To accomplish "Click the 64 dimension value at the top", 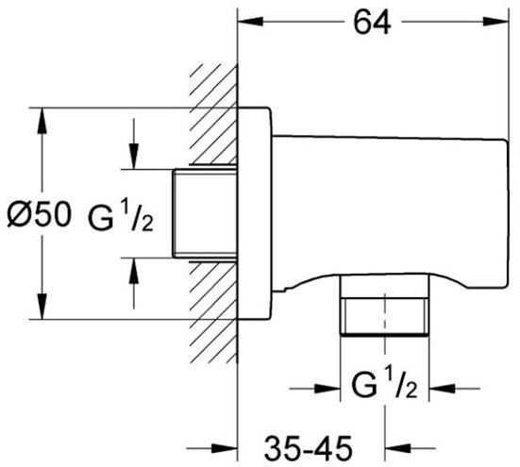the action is [372, 23].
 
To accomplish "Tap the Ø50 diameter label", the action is [39, 214].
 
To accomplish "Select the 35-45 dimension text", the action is [308, 448].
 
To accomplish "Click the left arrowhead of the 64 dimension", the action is [251, 22].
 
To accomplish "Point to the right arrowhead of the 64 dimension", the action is [495, 22].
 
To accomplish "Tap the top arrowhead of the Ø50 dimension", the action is [42, 121].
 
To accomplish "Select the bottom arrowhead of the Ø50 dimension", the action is [42, 307].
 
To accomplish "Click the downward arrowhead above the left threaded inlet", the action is [134, 156].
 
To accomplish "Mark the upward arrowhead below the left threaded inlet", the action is [134, 271].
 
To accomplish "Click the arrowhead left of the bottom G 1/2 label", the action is [327, 388].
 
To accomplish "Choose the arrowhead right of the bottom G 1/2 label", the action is [442, 388].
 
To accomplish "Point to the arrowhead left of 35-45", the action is [225, 449].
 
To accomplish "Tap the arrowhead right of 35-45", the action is [397, 449].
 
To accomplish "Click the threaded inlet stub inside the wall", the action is [205, 213].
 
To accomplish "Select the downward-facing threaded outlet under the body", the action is [385, 306].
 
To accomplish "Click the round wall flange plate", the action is [255, 214].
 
